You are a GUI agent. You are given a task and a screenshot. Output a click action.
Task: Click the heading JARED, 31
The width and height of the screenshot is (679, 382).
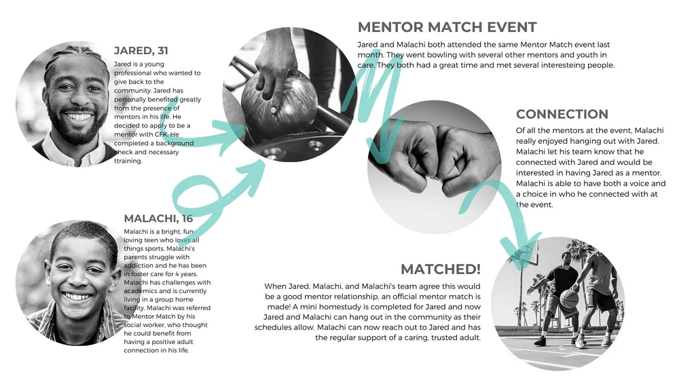141,51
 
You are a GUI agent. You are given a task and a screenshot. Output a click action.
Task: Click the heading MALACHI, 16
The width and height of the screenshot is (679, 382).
158,218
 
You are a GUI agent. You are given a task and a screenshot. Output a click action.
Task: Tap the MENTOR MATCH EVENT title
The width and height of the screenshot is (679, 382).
447,27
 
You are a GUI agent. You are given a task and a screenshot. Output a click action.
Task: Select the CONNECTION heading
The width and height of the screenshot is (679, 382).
562,114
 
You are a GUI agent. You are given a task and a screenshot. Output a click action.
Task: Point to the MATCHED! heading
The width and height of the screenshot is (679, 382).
440,269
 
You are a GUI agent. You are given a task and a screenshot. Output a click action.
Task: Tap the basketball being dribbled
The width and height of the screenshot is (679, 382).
570,298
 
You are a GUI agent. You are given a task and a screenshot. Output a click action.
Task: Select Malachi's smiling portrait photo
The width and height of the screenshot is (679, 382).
71,282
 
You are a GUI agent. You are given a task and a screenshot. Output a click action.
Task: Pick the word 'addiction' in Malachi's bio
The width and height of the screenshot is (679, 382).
141,265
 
